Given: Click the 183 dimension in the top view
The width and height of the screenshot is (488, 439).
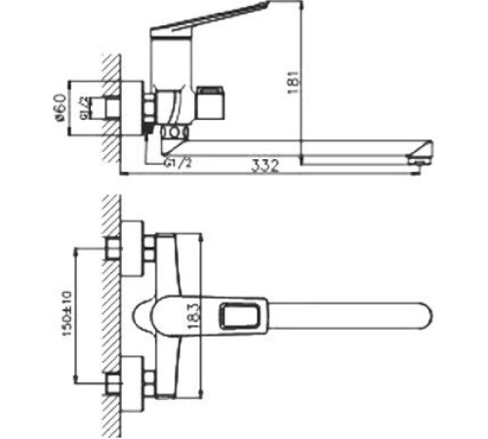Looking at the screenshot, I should click(x=193, y=314).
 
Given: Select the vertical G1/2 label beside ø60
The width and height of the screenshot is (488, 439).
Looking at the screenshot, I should click(x=85, y=109).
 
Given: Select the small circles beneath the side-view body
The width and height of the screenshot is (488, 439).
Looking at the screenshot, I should click(x=173, y=131).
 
